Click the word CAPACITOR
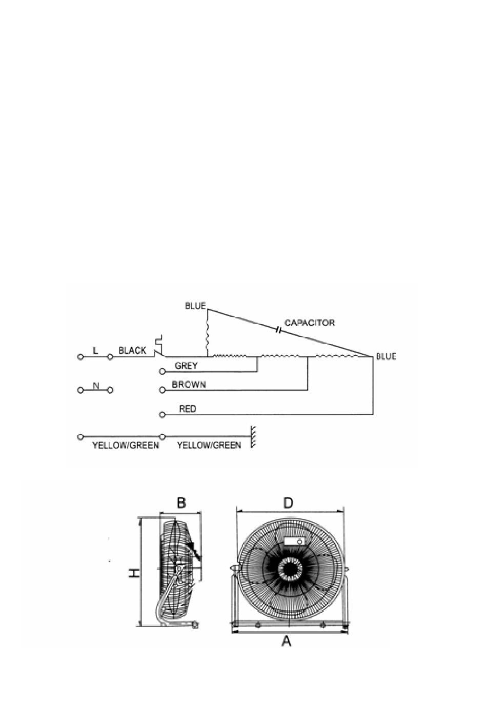[x=310, y=323]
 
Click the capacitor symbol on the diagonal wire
[x=277, y=330]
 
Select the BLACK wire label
[x=132, y=350]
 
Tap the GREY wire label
[x=186, y=366]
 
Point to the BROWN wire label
[x=189, y=385]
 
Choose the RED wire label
[x=188, y=409]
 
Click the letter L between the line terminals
[x=95, y=350]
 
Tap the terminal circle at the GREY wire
[x=163, y=372]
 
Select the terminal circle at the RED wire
[x=163, y=415]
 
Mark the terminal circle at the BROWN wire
[x=163, y=390]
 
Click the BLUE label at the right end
[x=386, y=356]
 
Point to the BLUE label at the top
[x=195, y=306]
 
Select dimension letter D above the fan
[x=288, y=503]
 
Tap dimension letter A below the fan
[x=286, y=640]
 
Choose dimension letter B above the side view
[x=181, y=502]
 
